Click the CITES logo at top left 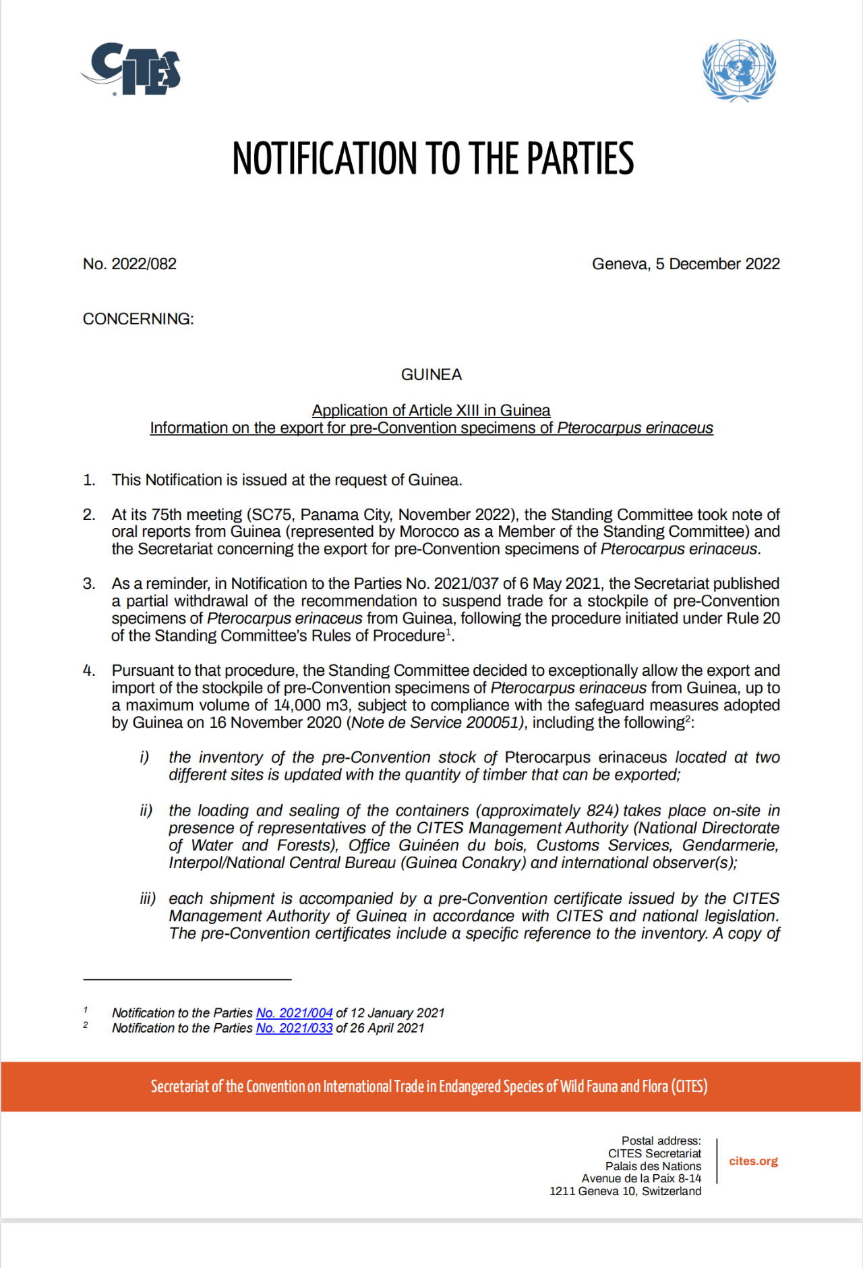[x=132, y=69]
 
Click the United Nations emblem [x=739, y=69]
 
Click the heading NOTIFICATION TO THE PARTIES [x=433, y=159]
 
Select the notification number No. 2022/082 [x=129, y=264]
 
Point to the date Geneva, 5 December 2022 [x=686, y=264]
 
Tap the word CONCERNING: [x=138, y=319]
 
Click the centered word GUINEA [x=431, y=374]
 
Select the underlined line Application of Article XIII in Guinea [x=431, y=410]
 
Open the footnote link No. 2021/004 [x=294, y=1012]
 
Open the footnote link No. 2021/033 [x=294, y=1028]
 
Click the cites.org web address [x=753, y=1161]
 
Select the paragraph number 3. [x=88, y=583]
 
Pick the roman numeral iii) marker [x=148, y=898]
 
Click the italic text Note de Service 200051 [x=436, y=722]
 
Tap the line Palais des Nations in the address [x=653, y=1166]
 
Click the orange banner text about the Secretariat [x=429, y=1087]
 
